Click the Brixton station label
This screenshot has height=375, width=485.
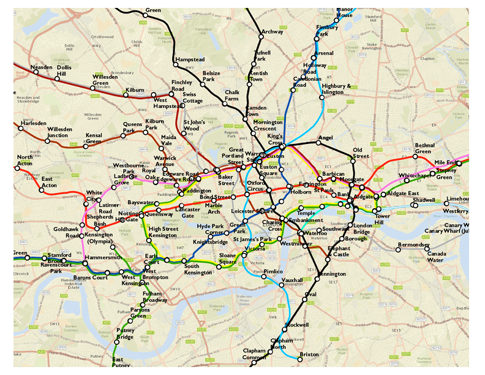[309, 355]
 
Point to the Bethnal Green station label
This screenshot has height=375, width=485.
[424, 148]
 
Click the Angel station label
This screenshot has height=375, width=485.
[325, 138]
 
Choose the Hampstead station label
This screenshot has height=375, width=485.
[190, 59]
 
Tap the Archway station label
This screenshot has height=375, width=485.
[272, 32]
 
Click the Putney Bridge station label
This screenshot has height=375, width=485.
[125, 334]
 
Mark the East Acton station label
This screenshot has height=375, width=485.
[50, 182]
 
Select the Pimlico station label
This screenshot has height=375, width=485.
[273, 271]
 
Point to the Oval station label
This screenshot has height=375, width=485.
[310, 294]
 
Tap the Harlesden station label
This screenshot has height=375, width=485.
[33, 123]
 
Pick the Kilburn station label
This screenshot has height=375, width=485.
[135, 90]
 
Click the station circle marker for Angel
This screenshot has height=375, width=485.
[318, 143]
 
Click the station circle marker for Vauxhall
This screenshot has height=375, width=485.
[283, 285]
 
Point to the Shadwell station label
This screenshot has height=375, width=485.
[424, 200]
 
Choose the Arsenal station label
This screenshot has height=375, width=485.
[323, 53]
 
